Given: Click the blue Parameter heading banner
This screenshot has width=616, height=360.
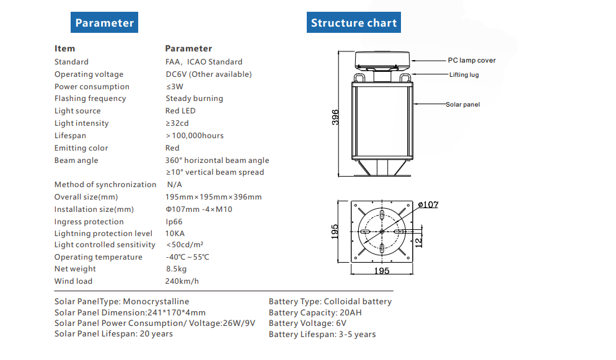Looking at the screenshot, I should tap(104, 23).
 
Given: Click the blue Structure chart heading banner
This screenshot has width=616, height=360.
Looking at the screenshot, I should tap(353, 23).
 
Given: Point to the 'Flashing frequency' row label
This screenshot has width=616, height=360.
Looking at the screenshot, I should tap(90, 99).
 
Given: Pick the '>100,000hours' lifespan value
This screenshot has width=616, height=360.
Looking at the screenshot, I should tap(195, 136).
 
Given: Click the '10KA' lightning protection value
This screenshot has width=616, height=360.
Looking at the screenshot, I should tap(175, 234).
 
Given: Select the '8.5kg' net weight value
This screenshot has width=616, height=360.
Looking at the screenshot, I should tap(176, 269).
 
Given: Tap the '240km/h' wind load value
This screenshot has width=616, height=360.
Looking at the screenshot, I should tap(182, 281).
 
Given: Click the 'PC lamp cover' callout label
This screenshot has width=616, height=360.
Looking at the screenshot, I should tap(472, 61).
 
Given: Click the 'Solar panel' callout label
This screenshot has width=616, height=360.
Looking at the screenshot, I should tap(462, 105).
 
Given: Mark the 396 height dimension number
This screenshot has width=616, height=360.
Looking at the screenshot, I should tap(335, 118).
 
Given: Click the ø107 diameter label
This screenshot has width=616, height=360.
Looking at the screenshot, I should tap(428, 204).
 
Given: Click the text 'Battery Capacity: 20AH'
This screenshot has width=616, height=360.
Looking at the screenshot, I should tap(315, 313).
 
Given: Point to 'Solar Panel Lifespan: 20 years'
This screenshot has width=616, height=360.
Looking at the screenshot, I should tap(113, 334).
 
